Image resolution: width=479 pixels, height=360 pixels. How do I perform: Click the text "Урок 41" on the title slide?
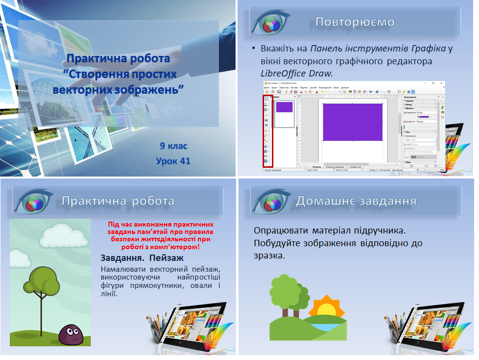[173, 161]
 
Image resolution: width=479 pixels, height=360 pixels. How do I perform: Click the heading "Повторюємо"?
[355, 22]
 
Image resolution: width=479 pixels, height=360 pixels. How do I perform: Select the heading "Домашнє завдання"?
[356, 201]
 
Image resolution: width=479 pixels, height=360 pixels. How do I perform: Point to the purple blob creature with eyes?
[70, 334]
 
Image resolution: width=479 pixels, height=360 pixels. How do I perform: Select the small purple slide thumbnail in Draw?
[284, 107]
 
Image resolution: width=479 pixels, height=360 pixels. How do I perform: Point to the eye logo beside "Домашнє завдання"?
[270, 202]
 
